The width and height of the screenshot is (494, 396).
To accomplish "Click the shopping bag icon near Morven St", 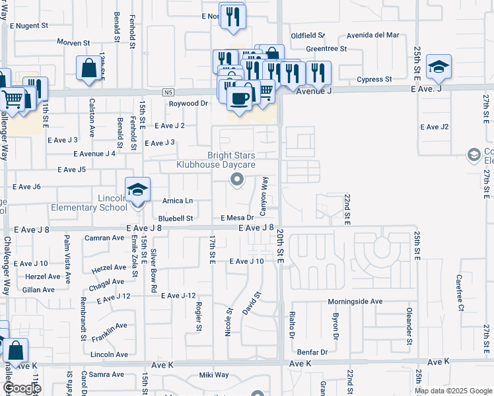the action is tap(88, 69).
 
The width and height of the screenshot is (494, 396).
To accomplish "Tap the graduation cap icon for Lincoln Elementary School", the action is tap(137, 190).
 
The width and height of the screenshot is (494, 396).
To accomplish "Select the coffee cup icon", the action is tap(238, 98).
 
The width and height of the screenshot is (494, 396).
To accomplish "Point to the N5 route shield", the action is tap(170, 93).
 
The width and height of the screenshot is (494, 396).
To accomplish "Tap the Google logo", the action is tap(21, 388).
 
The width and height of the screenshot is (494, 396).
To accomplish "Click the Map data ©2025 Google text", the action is tap(452, 391).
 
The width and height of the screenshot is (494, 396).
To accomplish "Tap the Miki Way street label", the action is tap(214, 375).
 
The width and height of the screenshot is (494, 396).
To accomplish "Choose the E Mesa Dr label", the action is tap(238, 217).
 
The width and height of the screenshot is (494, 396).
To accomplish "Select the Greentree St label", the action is tap(326, 49).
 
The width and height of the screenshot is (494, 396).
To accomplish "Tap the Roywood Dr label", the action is tap(188, 104).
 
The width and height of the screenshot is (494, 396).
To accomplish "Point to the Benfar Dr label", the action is tap(312, 352).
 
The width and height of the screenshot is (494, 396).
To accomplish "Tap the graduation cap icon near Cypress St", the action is tap(439, 67).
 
